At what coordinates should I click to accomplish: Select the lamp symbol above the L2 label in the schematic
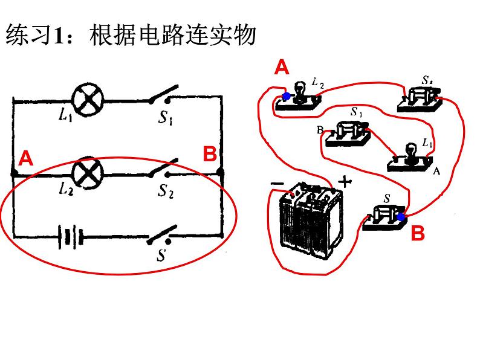tap(89, 173)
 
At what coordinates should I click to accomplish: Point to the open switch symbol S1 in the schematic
tap(164, 97)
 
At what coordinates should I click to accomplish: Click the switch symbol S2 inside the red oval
tap(164, 171)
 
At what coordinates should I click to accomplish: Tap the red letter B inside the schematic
tap(209, 155)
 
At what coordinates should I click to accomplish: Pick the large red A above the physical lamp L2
tap(282, 67)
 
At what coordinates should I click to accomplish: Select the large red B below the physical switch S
tap(418, 233)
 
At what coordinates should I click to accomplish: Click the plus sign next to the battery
tap(344, 181)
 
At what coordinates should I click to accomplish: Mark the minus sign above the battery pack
tap(277, 181)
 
